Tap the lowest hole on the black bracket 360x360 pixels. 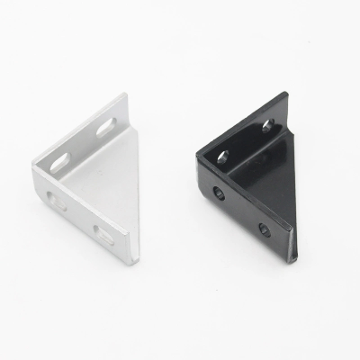pyautogui.click(x=264, y=230)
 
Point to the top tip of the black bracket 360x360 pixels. pyautogui.click(x=281, y=101)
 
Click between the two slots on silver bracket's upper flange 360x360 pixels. pyautogui.click(x=84, y=142)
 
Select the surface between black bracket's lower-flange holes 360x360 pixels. pyautogui.click(x=242, y=211)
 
